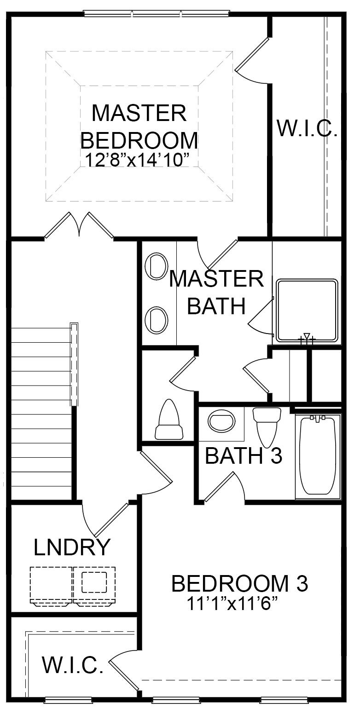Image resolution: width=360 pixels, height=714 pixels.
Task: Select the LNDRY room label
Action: coord(72,547)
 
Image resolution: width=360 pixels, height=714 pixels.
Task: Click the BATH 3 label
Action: coord(243,455)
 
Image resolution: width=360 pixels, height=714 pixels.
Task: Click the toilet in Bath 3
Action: coord(267,426)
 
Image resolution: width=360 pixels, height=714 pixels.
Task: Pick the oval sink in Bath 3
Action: coord(221,420)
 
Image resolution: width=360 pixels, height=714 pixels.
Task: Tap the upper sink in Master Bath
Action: coord(156,266)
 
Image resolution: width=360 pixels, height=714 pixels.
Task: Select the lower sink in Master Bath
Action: coord(156,320)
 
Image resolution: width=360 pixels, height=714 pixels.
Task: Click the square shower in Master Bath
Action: coord(307,311)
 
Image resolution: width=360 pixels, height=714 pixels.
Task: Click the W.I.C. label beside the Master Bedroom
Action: coord(307,128)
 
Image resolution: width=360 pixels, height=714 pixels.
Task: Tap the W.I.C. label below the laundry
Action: coord(73,664)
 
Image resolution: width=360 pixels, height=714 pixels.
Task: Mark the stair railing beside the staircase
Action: coord(74,364)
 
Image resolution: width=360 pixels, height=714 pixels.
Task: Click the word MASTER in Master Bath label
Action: coord(216,279)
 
